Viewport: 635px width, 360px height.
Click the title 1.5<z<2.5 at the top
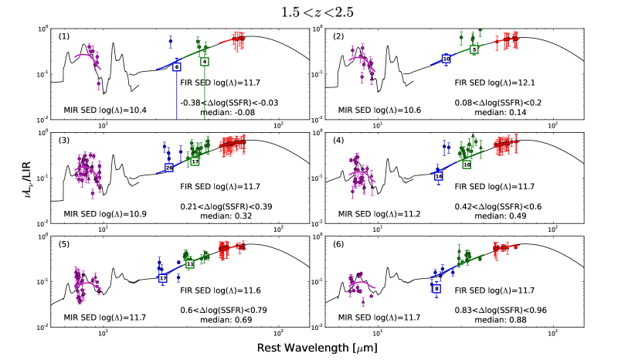point(317,10)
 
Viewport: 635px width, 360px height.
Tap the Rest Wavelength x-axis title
point(317,348)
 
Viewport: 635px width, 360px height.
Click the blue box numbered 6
point(177,67)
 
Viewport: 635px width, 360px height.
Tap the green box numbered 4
point(204,61)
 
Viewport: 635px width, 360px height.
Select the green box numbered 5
point(474,49)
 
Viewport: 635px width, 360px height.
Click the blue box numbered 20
point(169,168)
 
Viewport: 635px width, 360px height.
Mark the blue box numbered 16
point(439,176)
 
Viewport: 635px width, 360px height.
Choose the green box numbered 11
point(190,264)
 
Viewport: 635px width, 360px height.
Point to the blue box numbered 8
point(437,288)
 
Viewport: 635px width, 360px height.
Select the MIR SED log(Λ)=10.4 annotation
point(100,110)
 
